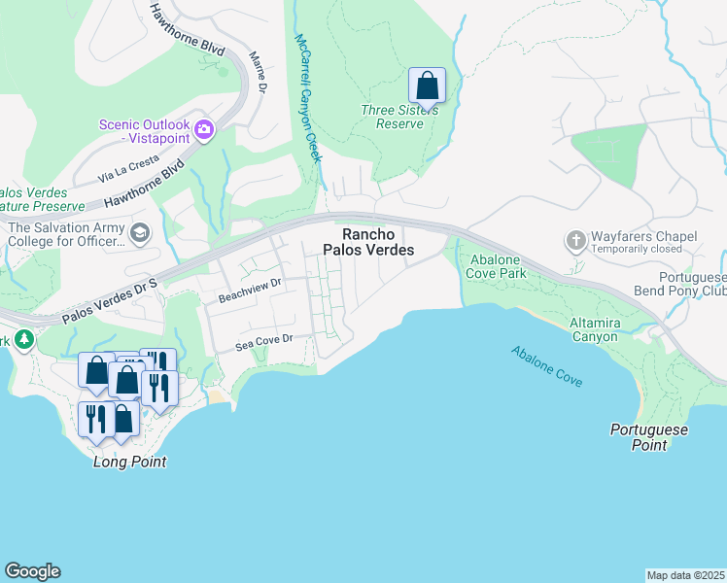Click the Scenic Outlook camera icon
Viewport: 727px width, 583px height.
click(204, 130)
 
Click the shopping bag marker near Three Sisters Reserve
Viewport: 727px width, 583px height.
click(427, 86)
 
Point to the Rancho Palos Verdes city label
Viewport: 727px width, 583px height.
click(377, 242)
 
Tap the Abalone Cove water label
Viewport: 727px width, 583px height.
click(547, 366)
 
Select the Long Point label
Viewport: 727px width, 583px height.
click(129, 462)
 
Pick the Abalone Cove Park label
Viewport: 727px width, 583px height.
click(499, 266)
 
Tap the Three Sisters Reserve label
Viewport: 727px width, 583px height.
click(399, 117)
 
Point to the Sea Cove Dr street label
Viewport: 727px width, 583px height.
click(264, 343)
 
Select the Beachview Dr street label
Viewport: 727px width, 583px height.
click(249, 287)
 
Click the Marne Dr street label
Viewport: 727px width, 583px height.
click(259, 74)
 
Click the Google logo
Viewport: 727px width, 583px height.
click(32, 571)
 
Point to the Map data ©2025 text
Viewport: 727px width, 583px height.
click(685, 575)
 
